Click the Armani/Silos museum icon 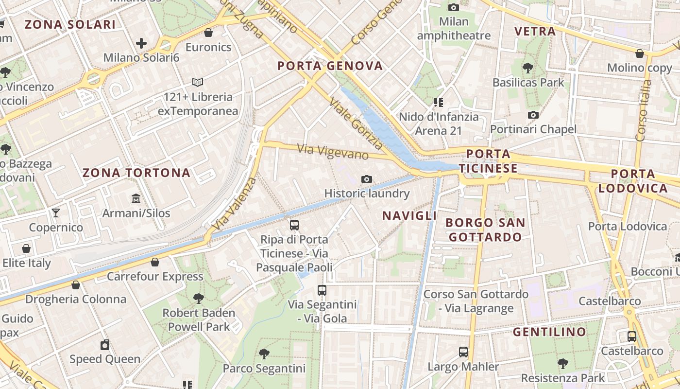click(x=136, y=199)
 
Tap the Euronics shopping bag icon click(x=208, y=33)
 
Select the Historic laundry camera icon click(x=367, y=179)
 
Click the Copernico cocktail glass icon click(x=56, y=213)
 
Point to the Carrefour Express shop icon click(x=155, y=262)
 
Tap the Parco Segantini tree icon click(x=264, y=354)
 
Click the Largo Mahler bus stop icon click(x=463, y=352)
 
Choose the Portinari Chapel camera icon click(x=533, y=115)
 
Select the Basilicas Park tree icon click(x=528, y=68)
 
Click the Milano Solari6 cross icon click(x=141, y=43)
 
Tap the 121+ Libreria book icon click(x=198, y=83)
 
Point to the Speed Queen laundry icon click(x=105, y=345)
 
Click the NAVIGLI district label click(x=409, y=215)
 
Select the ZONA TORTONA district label click(x=136, y=173)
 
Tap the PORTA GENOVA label click(x=330, y=66)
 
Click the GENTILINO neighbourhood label click(x=549, y=332)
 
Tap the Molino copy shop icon click(x=640, y=53)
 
